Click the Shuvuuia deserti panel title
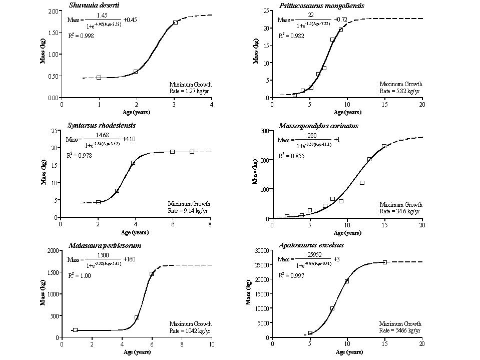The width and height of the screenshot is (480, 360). point(91,5)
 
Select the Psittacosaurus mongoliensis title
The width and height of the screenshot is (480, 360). point(311,6)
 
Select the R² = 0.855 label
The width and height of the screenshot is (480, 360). point(290,156)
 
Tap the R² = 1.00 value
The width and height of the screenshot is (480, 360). point(79,275)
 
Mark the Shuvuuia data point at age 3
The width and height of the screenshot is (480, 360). point(175,23)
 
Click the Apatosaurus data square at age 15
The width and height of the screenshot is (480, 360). point(385,262)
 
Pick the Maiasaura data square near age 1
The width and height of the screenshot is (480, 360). point(75,330)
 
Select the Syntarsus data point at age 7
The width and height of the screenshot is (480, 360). point(192,152)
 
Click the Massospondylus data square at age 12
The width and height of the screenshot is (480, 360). point(362,183)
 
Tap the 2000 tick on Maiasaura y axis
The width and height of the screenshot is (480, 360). point(52,250)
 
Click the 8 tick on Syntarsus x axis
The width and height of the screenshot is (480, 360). point(210,224)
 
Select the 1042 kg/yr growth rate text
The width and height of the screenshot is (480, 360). point(190,330)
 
